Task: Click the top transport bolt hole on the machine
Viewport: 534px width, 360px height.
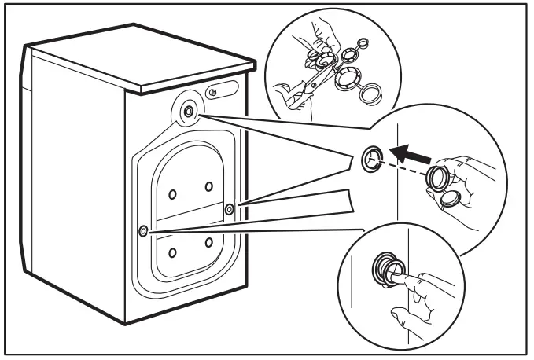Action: pos(189,112)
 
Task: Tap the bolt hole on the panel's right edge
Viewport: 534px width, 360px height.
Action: pos(229,208)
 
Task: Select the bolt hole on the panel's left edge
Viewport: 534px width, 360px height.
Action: pos(142,230)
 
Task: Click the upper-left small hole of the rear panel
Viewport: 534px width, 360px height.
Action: pos(172,192)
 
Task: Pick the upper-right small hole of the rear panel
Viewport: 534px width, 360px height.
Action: pos(209,186)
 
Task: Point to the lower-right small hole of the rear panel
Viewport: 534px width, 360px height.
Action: pos(209,242)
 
